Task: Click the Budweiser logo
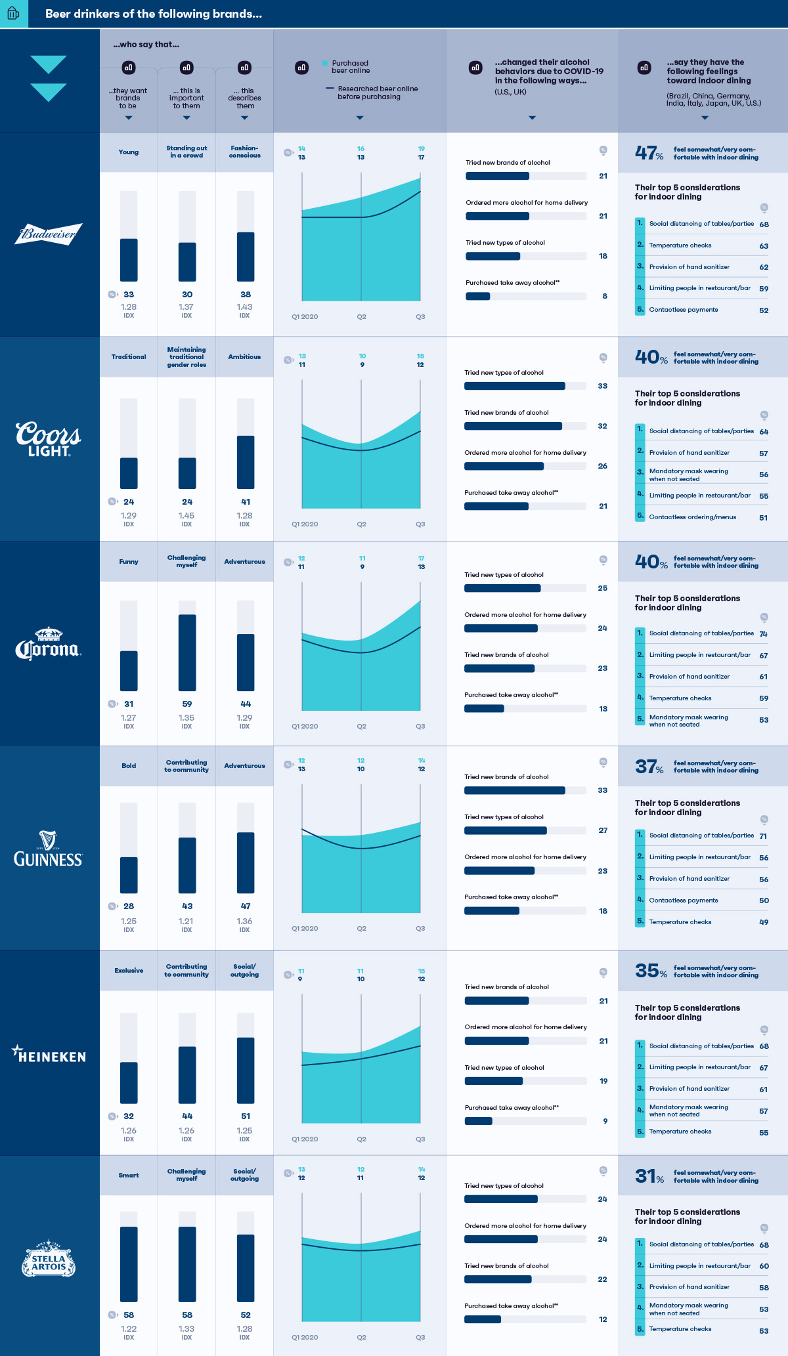(x=49, y=234)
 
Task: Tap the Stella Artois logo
(x=49, y=1258)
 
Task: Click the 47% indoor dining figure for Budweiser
(x=649, y=153)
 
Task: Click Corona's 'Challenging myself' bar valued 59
(x=187, y=652)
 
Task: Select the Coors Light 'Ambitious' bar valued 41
(x=246, y=462)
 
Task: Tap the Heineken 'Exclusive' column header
(x=129, y=970)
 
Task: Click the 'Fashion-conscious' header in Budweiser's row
(x=245, y=152)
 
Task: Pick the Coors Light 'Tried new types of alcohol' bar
(x=515, y=386)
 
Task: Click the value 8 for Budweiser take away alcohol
(x=605, y=296)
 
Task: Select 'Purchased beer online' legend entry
(x=350, y=67)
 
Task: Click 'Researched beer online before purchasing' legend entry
(x=377, y=93)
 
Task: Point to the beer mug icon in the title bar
(x=13, y=13)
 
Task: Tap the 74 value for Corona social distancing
(x=763, y=634)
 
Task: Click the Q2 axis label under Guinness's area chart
(x=361, y=928)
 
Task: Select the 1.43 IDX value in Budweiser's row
(x=244, y=307)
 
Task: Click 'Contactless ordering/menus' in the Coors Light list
(x=692, y=517)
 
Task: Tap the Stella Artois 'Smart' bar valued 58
(x=129, y=1263)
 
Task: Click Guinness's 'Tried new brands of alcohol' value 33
(x=602, y=790)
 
